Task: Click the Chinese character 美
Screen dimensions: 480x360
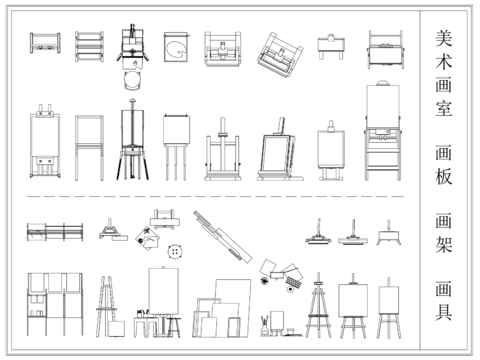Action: (x=444, y=38)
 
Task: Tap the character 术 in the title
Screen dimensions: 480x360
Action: (x=444, y=61)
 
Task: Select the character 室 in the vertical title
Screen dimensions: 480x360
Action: (x=444, y=108)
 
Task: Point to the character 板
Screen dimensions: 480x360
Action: (x=444, y=176)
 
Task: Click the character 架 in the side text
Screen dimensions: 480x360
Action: (x=444, y=244)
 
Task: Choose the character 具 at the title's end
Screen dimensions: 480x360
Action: (x=444, y=312)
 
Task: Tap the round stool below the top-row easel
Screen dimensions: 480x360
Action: (x=133, y=80)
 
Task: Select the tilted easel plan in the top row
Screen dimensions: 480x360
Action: (x=280, y=55)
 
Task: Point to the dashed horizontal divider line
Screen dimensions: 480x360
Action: (x=215, y=197)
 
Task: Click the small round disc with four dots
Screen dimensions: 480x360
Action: (x=175, y=251)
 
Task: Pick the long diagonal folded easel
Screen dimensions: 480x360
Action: (x=223, y=237)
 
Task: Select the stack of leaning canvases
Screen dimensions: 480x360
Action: (x=222, y=308)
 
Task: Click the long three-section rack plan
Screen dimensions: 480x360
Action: (x=55, y=232)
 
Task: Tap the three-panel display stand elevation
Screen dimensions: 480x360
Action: (x=55, y=304)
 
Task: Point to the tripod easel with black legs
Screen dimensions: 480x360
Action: (x=132, y=139)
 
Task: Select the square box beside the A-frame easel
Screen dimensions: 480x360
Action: (x=116, y=329)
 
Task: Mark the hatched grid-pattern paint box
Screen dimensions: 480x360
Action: (x=294, y=282)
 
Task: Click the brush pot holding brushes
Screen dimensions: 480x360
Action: (x=265, y=326)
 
